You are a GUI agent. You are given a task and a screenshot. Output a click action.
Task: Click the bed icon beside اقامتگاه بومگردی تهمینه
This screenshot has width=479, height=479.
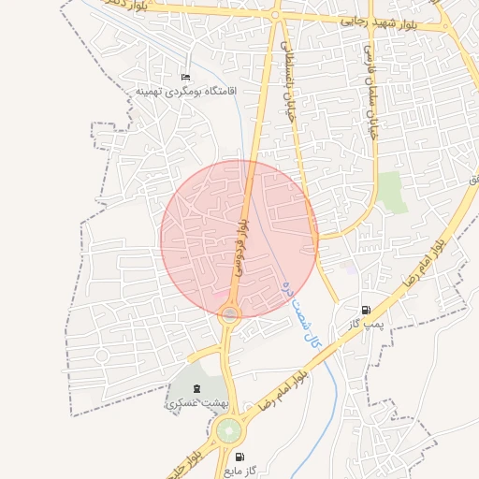point(185,77)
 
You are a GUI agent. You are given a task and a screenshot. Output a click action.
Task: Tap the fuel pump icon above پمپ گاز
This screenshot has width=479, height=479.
point(365,310)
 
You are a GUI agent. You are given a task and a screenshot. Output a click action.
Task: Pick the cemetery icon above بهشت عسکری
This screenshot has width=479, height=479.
point(196,388)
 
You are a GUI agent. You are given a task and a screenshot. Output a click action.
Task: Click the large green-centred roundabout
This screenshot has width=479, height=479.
point(227,431)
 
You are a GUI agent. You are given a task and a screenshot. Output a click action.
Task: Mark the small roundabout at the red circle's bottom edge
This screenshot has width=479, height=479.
point(229,314)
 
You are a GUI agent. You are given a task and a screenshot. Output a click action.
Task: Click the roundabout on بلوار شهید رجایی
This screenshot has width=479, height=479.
point(275,15)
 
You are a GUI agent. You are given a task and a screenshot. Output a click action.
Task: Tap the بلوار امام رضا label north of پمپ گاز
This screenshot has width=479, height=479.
point(427,265)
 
